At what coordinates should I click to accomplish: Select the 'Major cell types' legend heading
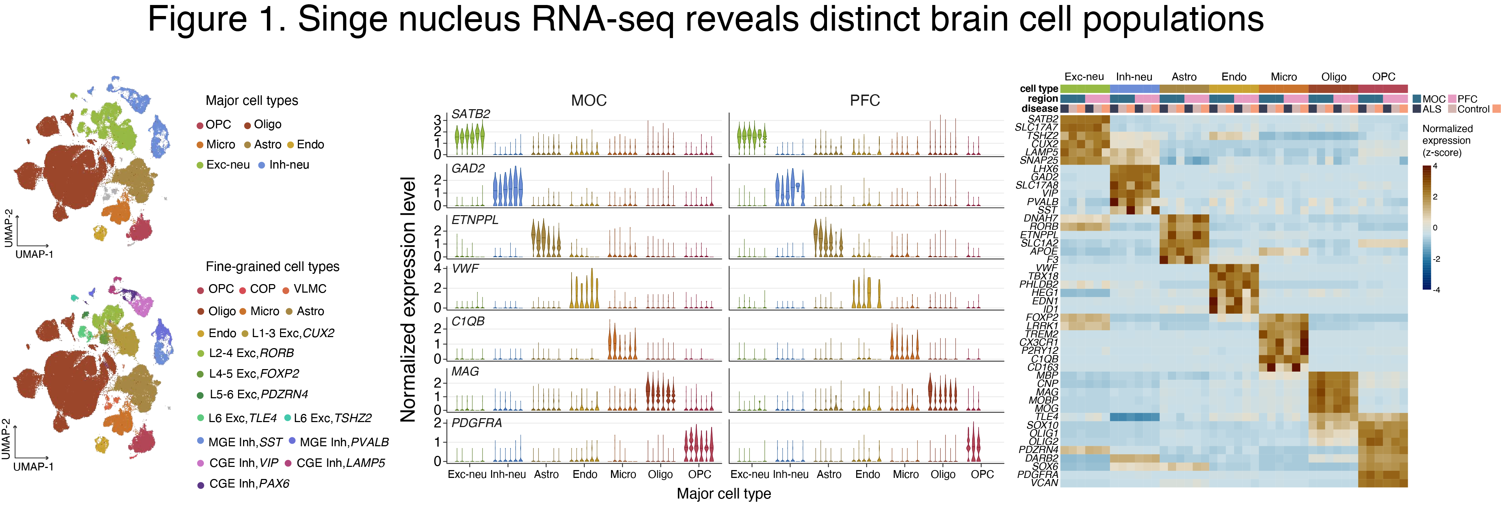point(252,101)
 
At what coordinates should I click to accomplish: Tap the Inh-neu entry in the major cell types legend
point(289,165)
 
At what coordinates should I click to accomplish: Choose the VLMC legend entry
point(309,289)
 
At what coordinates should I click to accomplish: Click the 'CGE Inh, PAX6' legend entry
point(249,484)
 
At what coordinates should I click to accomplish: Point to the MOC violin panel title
point(589,101)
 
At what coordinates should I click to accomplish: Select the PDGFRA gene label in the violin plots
point(476,423)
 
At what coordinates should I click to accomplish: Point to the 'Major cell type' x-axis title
point(724,494)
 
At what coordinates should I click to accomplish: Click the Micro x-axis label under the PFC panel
point(906,475)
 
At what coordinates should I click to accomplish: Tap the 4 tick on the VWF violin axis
point(438,268)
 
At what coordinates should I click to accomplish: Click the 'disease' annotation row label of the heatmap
point(1039,109)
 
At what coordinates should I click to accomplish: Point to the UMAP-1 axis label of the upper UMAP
point(35,255)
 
